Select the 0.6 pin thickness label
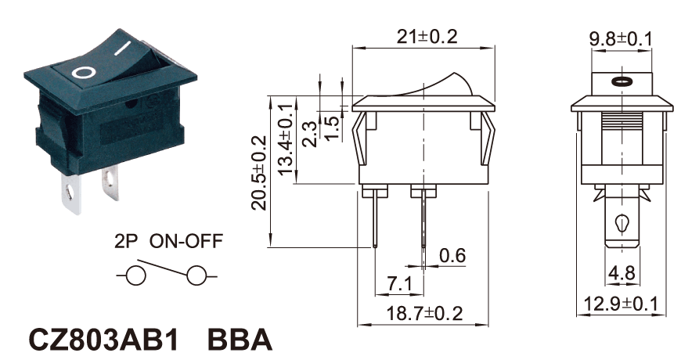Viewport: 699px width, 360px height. (452, 255)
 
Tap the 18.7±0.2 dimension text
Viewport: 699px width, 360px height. (426, 314)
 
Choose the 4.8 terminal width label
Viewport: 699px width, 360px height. (623, 275)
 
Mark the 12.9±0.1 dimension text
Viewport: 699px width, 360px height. (623, 304)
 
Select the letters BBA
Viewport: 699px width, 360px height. (240, 340)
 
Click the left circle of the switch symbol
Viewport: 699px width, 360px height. (135, 276)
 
